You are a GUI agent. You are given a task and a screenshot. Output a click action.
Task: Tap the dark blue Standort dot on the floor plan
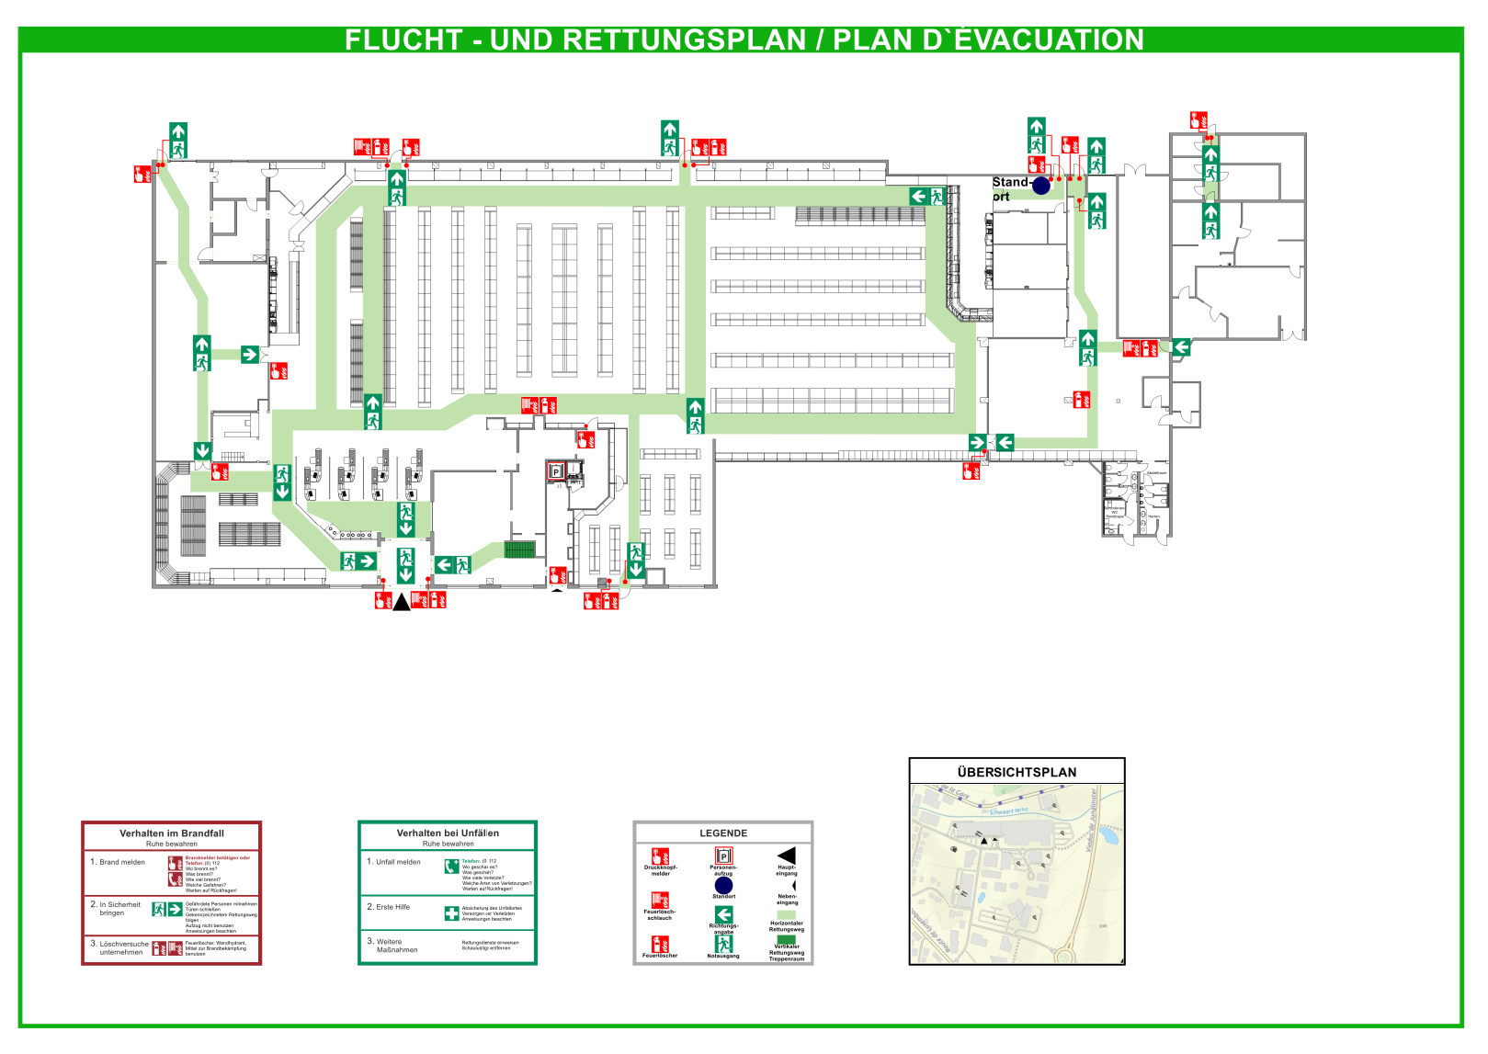click(1040, 186)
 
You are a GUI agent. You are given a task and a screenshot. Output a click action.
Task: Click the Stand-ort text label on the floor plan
click(1007, 188)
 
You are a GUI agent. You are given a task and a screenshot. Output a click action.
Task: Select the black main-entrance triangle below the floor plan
click(402, 603)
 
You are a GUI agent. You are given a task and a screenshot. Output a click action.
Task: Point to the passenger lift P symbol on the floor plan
click(555, 472)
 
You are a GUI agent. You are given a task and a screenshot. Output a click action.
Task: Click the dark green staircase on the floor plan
click(519, 550)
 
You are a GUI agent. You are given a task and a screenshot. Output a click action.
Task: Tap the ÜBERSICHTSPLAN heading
click(1017, 773)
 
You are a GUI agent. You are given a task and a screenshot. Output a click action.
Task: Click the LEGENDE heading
click(723, 833)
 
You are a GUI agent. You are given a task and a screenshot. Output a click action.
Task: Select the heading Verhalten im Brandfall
click(172, 833)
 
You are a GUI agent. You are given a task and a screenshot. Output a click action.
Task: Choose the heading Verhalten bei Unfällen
click(448, 833)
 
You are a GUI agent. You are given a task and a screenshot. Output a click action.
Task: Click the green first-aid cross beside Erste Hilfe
click(451, 913)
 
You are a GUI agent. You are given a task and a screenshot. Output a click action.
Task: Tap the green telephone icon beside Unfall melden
click(451, 867)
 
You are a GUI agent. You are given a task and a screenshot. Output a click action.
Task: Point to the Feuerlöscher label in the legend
click(660, 956)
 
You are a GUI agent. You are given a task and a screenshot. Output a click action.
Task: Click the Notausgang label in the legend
click(723, 956)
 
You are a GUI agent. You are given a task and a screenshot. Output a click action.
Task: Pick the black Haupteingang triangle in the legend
click(787, 856)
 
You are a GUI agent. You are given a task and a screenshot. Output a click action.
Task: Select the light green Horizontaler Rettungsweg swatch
click(787, 915)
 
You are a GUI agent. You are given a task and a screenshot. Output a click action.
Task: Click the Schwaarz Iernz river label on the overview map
click(1008, 811)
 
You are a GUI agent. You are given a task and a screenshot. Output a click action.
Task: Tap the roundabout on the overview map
click(1064, 956)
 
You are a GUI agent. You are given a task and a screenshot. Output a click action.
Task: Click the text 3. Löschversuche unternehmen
click(120, 947)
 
